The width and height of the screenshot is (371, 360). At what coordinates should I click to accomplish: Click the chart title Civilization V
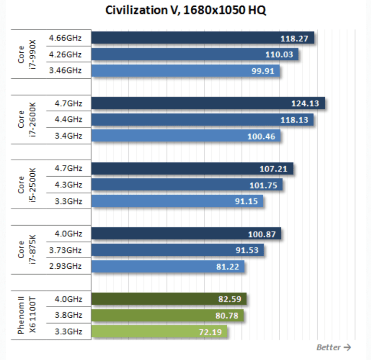[185, 10]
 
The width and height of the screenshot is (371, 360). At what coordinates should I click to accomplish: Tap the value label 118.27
[295, 38]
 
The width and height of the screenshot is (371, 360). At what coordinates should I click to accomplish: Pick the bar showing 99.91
[185, 71]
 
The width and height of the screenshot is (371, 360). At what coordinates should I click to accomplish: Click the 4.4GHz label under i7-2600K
[69, 119]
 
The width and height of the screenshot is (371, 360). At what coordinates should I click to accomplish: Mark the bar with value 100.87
[185, 234]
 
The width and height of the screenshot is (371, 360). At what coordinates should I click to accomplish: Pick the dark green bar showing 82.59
[168, 299]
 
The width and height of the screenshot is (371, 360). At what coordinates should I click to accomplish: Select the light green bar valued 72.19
[159, 332]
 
